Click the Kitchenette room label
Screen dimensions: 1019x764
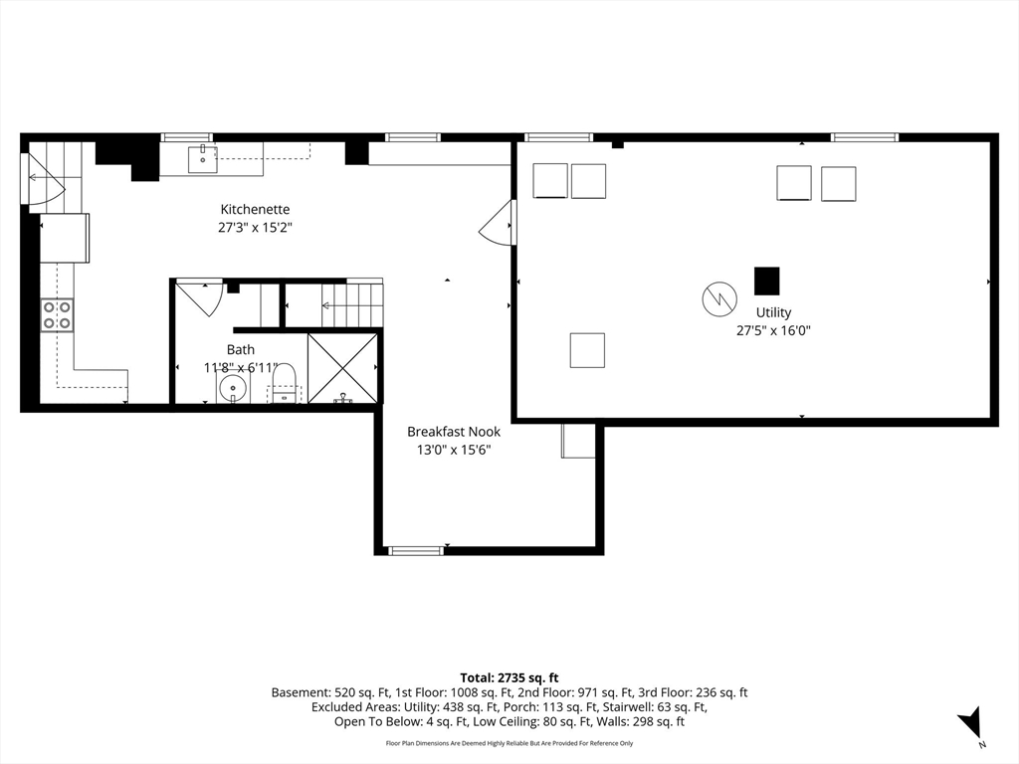click(x=255, y=209)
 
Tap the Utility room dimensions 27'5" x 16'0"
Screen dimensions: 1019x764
click(x=773, y=330)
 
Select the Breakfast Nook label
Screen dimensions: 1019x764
click(x=454, y=432)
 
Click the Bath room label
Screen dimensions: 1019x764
click(x=241, y=349)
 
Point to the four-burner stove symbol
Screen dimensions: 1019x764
click(x=57, y=315)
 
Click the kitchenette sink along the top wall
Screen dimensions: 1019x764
click(x=202, y=160)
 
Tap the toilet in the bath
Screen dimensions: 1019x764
click(x=284, y=383)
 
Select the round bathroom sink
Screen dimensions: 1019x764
click(x=233, y=389)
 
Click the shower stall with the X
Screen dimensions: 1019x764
click(x=342, y=368)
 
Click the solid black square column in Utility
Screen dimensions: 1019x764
click(x=767, y=281)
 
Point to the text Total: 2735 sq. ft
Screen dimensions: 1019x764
click(x=509, y=678)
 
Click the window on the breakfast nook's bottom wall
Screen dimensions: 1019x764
click(x=416, y=551)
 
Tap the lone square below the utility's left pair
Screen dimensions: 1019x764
click(x=587, y=350)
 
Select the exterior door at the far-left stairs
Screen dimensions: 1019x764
click(x=43, y=179)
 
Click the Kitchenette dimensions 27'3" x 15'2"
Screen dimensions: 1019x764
click(x=255, y=228)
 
